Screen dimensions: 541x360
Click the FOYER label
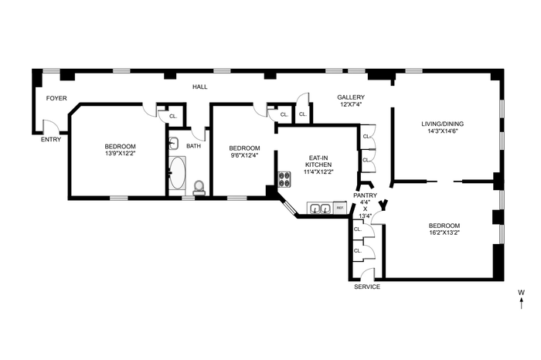[56, 98]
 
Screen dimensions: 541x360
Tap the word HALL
[199, 87]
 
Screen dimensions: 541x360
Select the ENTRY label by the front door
[51, 139]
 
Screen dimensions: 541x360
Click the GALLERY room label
[351, 97]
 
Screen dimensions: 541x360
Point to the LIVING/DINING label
[443, 124]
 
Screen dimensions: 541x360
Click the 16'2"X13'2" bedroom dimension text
[444, 233]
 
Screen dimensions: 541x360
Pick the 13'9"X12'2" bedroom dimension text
[120, 154]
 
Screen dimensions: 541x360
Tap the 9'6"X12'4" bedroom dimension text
[245, 155]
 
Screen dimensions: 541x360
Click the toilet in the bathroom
[199, 187]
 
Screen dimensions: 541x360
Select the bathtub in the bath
[177, 173]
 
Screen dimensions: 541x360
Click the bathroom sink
[174, 143]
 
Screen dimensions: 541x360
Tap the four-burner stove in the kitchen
[285, 179]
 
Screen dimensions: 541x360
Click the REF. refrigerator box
[340, 208]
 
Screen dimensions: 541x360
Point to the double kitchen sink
[320, 209]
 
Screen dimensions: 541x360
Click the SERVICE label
[367, 287]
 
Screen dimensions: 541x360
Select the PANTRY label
[366, 195]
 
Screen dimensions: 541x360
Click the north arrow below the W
[522, 303]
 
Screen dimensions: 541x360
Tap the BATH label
[193, 146]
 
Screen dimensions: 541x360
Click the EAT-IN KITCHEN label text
[318, 161]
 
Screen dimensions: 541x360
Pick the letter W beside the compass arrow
[522, 293]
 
